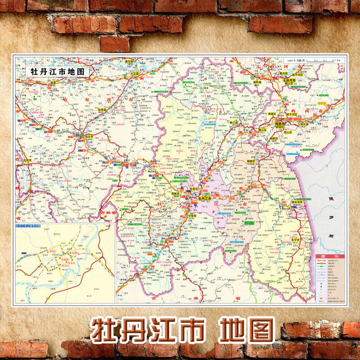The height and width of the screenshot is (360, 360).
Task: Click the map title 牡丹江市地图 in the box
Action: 53,72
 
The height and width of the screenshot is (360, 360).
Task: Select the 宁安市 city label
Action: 192,216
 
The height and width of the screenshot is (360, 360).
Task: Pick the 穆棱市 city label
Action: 251,161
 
